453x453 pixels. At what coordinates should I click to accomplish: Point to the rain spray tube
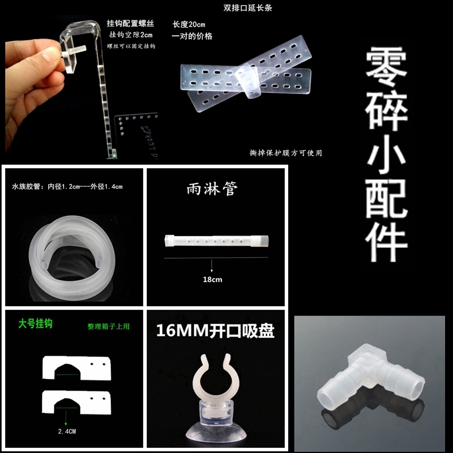[x=215, y=240]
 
